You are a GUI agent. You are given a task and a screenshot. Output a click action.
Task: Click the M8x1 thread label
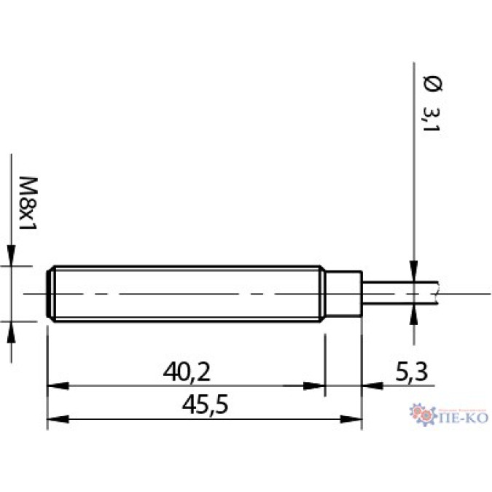[x=27, y=202]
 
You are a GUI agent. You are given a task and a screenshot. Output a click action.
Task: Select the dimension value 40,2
[x=186, y=373]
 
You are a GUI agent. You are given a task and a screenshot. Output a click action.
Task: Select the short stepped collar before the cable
[x=342, y=293]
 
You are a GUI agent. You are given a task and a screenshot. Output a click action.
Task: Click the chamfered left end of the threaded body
[x=50, y=293]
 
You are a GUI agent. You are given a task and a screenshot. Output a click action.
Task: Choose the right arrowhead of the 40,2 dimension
[x=314, y=387]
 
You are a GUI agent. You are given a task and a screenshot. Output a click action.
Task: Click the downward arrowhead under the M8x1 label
[x=12, y=257]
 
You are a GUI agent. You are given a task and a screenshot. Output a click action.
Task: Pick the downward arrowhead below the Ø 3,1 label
[x=413, y=270]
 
